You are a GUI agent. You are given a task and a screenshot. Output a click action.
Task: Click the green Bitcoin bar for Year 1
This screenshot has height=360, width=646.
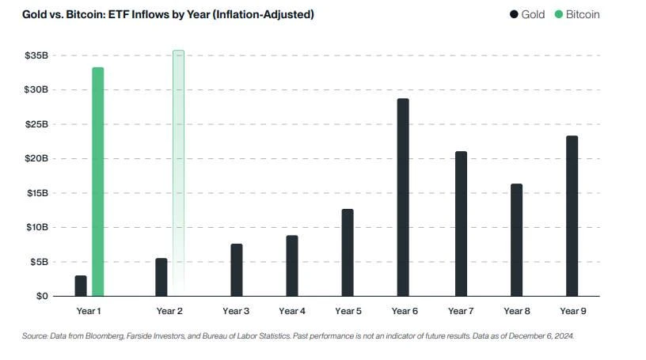tap(98, 181)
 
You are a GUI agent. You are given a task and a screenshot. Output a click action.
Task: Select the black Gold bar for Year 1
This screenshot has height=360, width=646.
tap(81, 286)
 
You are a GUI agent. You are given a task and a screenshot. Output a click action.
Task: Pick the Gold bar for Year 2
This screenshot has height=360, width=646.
tap(161, 277)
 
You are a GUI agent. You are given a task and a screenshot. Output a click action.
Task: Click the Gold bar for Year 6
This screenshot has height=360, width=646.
tap(403, 197)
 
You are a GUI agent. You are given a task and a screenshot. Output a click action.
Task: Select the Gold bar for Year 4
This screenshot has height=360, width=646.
tap(292, 265)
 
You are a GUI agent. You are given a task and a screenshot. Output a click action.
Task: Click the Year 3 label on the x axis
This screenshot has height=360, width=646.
tap(237, 311)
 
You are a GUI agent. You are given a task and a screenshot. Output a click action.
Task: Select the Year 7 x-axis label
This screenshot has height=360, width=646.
tap(461, 311)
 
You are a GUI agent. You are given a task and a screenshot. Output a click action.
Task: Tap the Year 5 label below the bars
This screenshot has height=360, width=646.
tap(348, 311)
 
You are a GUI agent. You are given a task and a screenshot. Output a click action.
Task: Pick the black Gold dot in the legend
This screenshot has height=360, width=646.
tap(515, 14)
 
